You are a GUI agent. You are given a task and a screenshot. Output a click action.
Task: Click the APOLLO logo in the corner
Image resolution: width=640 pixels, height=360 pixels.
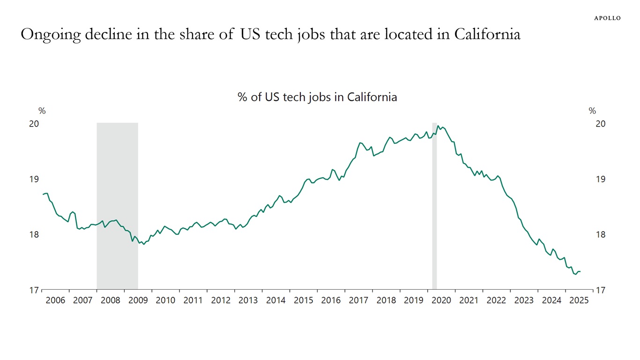coord(607,18)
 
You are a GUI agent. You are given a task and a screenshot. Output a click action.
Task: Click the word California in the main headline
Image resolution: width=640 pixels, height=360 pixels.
coord(487,35)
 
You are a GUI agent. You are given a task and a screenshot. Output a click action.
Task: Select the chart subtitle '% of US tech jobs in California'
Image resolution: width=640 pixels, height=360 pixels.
coord(317,97)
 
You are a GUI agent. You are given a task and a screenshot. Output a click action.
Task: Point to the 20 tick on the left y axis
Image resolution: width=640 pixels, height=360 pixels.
coord(34,124)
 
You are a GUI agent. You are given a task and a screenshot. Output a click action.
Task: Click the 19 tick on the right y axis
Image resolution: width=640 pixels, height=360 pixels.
coord(601,179)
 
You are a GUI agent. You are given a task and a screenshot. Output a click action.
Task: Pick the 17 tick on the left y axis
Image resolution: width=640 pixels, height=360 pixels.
coord(34,290)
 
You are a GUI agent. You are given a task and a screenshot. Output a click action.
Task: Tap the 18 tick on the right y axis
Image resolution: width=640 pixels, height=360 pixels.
coord(601,234)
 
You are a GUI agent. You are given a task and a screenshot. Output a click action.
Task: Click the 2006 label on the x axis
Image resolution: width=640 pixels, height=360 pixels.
coord(55,300)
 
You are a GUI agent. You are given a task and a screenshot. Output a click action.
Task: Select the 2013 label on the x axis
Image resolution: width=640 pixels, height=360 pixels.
coord(248,300)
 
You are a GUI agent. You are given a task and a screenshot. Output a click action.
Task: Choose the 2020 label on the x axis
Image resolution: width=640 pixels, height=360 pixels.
coord(441,300)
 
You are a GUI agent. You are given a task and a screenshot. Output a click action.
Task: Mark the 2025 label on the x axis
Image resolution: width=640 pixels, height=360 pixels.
coord(579,300)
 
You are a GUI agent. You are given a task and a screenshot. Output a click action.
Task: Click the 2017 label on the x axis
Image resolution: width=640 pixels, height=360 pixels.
coord(358,300)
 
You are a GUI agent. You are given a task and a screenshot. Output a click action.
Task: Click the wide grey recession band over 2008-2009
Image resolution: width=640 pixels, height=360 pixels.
coord(117,206)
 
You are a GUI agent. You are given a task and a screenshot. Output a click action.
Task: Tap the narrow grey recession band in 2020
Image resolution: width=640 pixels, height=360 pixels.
coord(434,206)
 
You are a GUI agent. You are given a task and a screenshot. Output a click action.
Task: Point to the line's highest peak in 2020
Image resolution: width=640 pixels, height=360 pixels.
coord(438,126)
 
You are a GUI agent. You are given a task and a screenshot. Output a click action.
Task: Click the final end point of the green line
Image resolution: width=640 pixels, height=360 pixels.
coord(580,271)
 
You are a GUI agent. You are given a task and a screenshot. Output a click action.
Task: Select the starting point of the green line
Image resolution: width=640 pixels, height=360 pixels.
coord(43,194)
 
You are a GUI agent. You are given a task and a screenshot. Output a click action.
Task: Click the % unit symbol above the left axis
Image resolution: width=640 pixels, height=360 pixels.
coord(42,111)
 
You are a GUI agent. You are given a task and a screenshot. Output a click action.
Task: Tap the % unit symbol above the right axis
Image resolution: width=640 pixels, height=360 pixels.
coord(592,111)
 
